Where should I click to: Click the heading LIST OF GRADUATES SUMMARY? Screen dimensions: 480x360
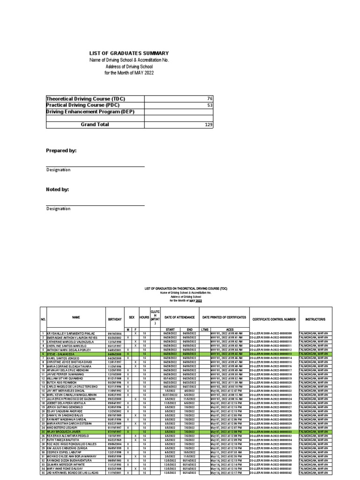[x=129, y=53]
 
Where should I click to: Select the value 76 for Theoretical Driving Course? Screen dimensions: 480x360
[x=209, y=99]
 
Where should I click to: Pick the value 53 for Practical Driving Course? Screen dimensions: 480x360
[x=209, y=105]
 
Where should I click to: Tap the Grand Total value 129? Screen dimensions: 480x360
[x=208, y=125]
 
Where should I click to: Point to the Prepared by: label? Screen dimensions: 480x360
[x=60, y=150]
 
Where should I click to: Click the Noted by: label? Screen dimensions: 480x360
[x=57, y=189]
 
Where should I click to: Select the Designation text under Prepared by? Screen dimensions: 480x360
[x=58, y=170]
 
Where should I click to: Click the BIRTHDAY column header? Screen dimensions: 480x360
[x=114, y=318]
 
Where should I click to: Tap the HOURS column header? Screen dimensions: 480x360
[x=144, y=318]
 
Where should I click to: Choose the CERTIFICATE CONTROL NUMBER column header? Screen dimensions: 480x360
[x=274, y=319]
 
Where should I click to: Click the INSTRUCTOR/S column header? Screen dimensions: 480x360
[x=315, y=318]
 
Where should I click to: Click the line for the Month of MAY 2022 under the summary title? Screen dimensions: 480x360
[x=129, y=73]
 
